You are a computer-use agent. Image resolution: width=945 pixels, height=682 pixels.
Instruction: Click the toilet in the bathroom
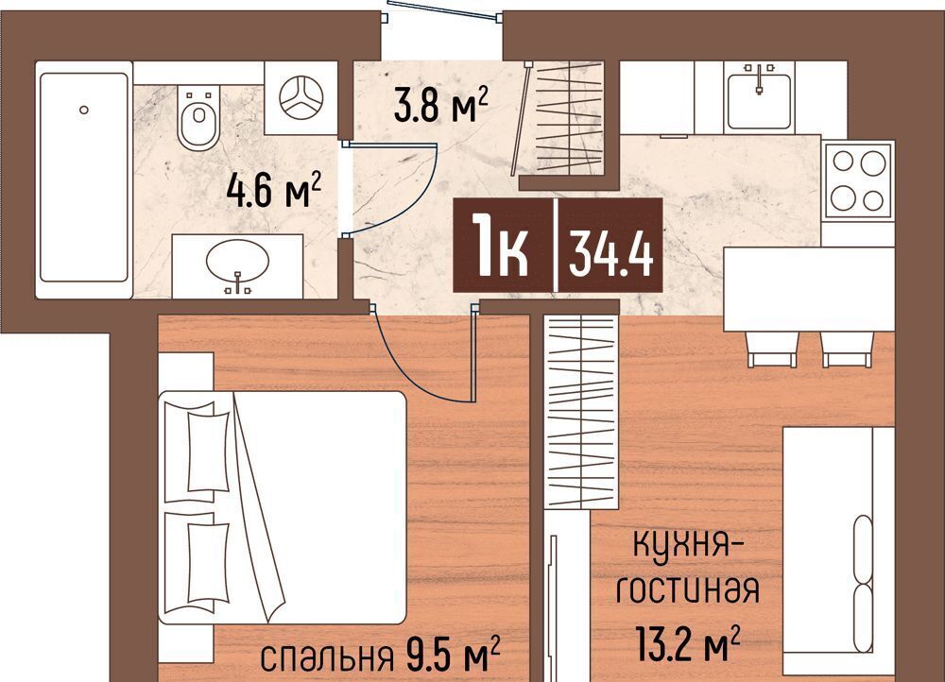coord(198,118)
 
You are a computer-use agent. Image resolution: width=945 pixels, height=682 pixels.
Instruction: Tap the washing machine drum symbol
coord(301,97)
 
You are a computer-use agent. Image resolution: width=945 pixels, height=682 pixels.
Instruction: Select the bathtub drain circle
coord(84,110)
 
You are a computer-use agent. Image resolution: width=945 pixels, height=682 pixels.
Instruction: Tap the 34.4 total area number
coord(610,254)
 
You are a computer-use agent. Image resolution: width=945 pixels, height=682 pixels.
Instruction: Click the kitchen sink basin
coord(759,101)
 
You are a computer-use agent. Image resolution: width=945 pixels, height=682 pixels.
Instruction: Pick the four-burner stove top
coord(858,179)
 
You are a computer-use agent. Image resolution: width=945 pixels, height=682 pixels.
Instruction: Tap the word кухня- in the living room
coord(689,547)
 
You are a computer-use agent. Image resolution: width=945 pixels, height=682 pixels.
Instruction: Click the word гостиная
coord(686,589)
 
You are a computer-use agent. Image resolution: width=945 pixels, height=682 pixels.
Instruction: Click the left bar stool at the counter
coord(773,349)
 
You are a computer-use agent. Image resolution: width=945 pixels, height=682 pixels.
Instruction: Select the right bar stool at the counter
coord(848,349)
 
